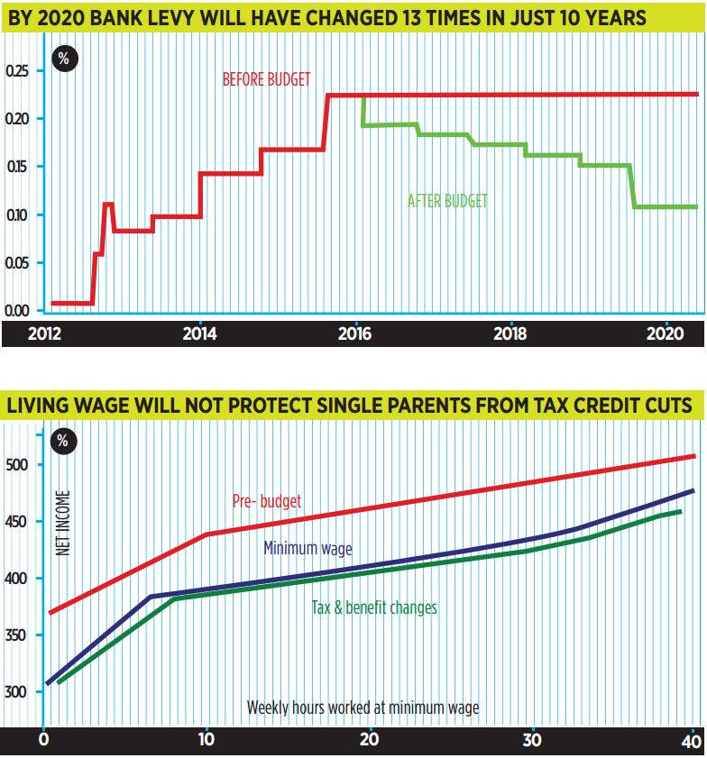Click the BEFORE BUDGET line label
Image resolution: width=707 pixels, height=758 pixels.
(266, 79)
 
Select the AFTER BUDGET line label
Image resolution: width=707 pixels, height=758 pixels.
(447, 201)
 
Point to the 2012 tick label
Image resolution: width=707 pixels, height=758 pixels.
(45, 333)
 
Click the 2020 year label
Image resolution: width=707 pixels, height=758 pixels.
(665, 333)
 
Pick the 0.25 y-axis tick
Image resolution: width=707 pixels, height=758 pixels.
(17, 70)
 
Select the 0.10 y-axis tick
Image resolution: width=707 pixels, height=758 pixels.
(17, 215)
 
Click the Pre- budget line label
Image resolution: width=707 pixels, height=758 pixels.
(267, 500)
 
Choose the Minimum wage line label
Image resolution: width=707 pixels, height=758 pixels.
(308, 548)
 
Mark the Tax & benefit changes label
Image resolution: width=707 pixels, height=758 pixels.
(374, 607)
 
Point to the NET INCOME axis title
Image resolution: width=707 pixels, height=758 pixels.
(63, 522)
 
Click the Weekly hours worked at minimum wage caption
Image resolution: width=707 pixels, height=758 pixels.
(363, 708)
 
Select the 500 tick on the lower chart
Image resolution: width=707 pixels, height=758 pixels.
(17, 464)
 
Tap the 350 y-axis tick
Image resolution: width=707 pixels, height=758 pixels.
(17, 635)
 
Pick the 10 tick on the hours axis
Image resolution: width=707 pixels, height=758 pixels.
(206, 742)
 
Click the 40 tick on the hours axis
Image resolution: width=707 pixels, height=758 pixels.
(690, 742)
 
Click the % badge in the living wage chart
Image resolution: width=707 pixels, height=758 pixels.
(62, 442)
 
